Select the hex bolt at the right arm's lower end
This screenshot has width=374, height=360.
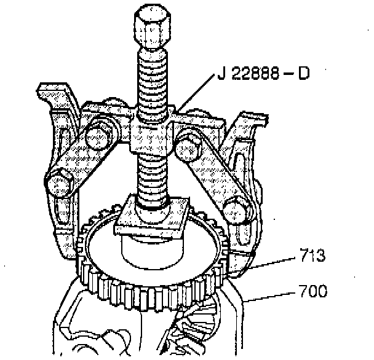[x=236, y=211]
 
